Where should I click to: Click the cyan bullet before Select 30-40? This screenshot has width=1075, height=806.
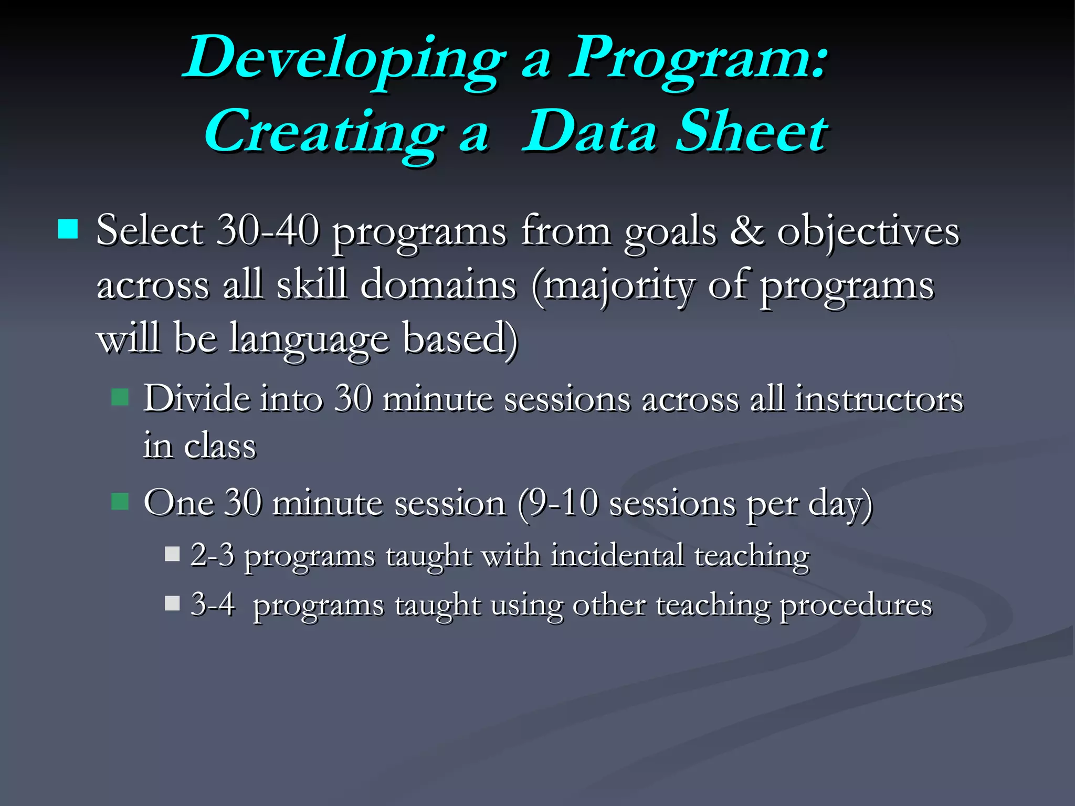tap(68, 229)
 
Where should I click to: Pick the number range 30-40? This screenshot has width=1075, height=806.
tap(268, 231)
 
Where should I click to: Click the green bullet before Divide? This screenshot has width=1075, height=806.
tap(120, 397)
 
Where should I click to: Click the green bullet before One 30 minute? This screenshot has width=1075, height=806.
tap(120, 502)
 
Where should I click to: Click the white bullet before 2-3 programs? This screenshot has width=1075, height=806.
tap(172, 554)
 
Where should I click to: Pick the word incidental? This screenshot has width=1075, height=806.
tap(617, 555)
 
